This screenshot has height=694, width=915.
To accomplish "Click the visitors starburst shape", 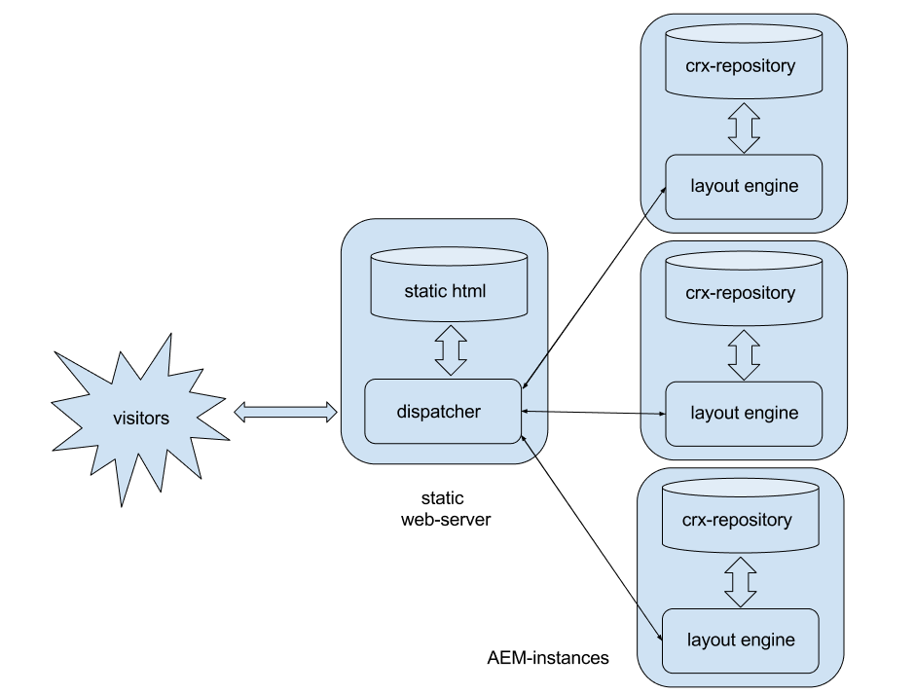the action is coord(140,418).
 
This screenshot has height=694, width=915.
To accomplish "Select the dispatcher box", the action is coord(443,412).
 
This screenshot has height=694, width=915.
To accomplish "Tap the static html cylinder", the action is coord(450,284).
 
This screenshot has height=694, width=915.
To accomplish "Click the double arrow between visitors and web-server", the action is coord(285,412).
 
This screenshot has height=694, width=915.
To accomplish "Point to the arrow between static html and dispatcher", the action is coord(451,350).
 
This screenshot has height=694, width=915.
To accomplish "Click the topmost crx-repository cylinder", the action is coord(744,61).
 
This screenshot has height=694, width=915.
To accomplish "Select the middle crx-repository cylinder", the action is coord(744,288).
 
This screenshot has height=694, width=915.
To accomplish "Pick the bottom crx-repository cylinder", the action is coord(741,516).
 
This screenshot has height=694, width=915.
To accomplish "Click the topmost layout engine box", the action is coord(744,187).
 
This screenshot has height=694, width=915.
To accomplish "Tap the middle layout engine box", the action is coord(744,414).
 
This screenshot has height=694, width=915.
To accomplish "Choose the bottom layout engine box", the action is coord(741,640).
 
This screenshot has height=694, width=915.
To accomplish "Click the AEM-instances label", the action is coord(548,658).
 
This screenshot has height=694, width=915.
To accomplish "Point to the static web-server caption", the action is coord(446,508).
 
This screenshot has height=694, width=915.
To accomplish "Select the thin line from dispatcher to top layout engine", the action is coord(594,288).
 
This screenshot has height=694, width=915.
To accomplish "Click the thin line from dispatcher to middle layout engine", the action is coord(594,413).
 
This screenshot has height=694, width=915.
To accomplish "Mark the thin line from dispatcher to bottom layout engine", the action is coord(592,537).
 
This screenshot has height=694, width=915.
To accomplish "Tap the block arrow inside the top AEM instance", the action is coord(744,128).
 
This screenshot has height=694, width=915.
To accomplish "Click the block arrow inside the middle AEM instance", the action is coord(744,355).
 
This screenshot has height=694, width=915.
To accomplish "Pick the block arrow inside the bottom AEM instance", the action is coord(741,582).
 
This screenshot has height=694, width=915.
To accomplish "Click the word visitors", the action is coord(141,418).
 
